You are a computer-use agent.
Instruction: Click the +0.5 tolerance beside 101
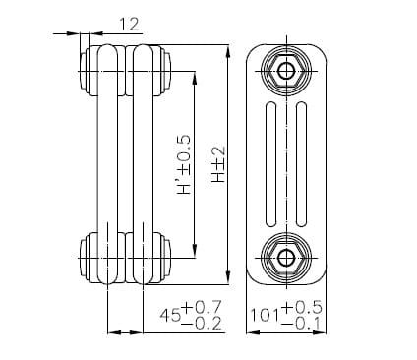(x=303, y=308)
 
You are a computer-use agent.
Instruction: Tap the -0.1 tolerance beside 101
(x=303, y=326)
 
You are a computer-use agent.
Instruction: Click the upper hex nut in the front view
(x=286, y=71)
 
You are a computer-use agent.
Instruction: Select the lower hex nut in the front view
(x=286, y=258)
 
